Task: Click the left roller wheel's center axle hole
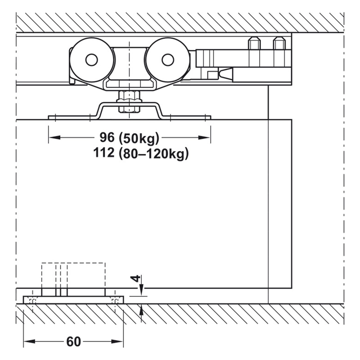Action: coord(92,60)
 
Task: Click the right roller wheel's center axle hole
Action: coord(168,60)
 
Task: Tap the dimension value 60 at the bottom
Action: coord(74,342)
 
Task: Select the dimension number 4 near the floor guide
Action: coord(137,279)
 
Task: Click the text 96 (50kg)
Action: coord(129,138)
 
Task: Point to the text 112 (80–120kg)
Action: coord(141,153)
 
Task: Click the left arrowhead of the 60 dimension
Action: coord(29,342)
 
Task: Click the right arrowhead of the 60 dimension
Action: coord(117,342)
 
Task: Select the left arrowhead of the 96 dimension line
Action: coord(54,138)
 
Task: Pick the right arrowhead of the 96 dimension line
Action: coord(204,138)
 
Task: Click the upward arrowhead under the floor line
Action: coord(141,310)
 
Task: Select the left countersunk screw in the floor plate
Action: coord(32,301)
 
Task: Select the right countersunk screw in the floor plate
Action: coord(114,301)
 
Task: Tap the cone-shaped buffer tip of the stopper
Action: coord(226,73)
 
